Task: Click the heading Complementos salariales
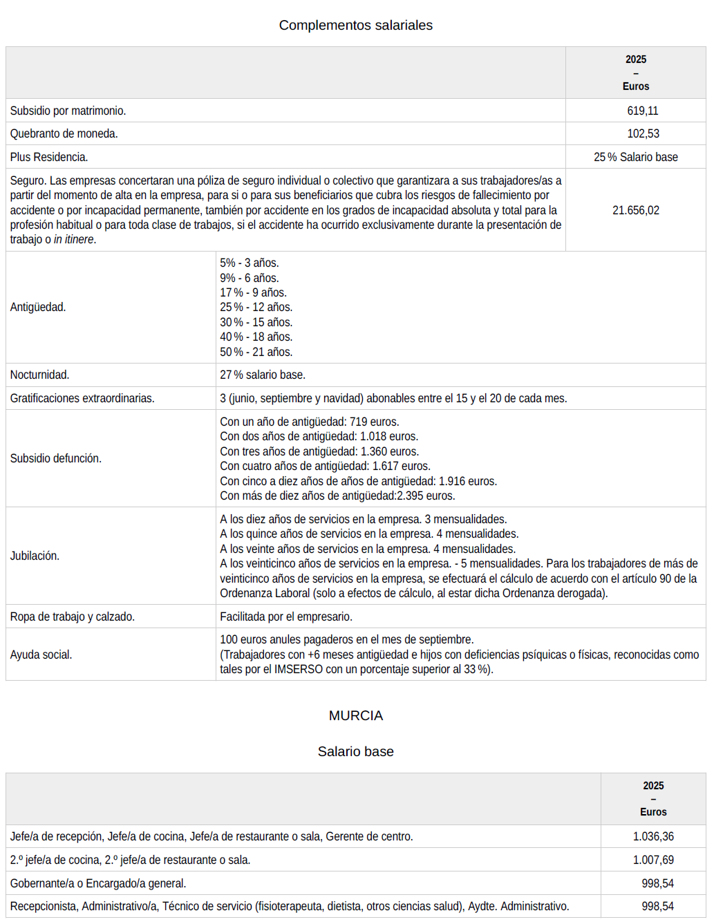tap(355, 26)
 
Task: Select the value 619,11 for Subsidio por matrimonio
tap(642, 111)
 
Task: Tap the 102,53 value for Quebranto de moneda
tap(643, 133)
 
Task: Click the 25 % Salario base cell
tap(635, 157)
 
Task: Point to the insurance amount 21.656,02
tap(635, 210)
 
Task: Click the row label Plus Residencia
tap(49, 157)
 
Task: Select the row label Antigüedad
tap(38, 307)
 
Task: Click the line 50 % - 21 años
tap(256, 352)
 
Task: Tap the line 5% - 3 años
tap(249, 263)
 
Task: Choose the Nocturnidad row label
tap(39, 375)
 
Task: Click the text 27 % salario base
tap(262, 375)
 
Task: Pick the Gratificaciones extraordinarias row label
tap(82, 398)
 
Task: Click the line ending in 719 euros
tap(309, 422)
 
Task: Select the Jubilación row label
tap(35, 556)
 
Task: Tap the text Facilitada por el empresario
tap(285, 616)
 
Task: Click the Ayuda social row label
tap(41, 654)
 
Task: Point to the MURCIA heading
tap(355, 716)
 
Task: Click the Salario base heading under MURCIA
tap(355, 752)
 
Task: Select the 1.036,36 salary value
tap(652, 836)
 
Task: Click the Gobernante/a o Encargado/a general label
tap(97, 883)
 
